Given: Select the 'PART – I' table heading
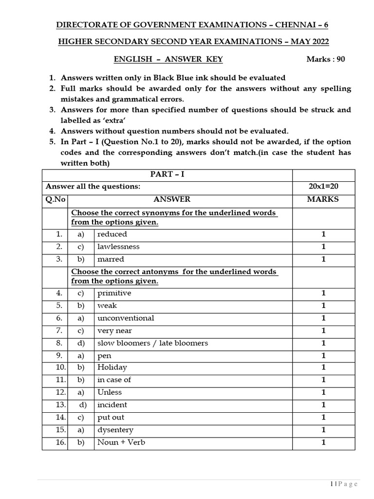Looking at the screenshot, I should click(167, 174).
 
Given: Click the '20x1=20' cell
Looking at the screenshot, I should click(323, 187).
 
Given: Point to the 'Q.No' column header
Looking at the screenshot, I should click(55, 199).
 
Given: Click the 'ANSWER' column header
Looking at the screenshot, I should click(172, 199).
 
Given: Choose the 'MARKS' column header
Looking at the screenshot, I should click(323, 199).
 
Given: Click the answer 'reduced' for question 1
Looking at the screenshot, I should click(112, 234).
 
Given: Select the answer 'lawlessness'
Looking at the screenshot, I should click(118, 247).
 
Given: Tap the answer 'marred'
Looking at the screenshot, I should click(111, 259).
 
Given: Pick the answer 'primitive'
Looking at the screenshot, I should click(114, 293).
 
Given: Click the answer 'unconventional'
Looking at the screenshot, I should click(126, 318).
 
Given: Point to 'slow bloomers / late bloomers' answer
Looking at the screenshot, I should click(152, 343).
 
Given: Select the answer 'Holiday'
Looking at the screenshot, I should click(112, 367).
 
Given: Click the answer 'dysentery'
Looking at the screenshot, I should click(115, 430).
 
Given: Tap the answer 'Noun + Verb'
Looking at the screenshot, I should click(121, 442).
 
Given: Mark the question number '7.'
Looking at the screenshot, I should click(59, 331).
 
